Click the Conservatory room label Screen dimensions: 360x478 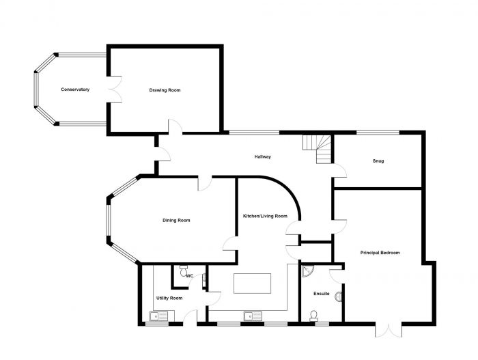[75, 90]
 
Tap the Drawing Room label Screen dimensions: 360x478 [165, 90]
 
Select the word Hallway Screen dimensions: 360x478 [263, 157]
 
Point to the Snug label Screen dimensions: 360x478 [378, 161]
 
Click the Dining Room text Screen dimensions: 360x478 [176, 220]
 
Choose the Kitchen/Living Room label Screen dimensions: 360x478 [265, 217]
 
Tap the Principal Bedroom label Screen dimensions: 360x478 [380, 253]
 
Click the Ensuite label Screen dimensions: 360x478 [322, 294]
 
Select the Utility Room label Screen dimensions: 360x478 [169, 299]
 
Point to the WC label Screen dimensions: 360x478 [190, 276]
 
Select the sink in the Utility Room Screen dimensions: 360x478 [158, 316]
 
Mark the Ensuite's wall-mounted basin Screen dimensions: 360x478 [339, 295]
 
